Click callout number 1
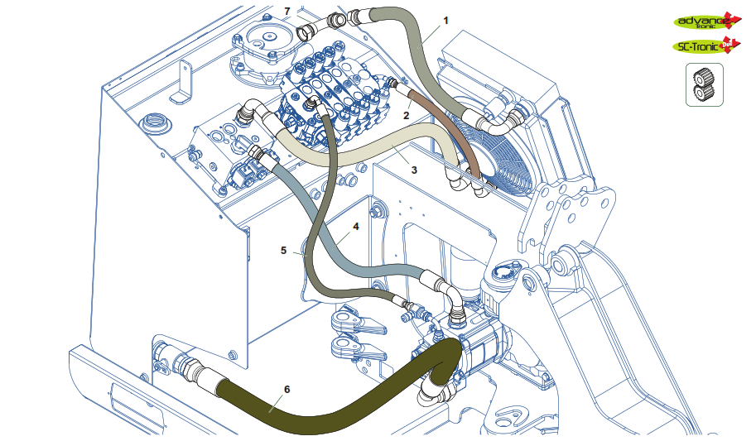coord(446,19)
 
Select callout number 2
coord(407,117)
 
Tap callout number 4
coord(356,225)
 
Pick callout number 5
coord(283,249)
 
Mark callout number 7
coord(287,11)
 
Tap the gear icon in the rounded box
coord(704,85)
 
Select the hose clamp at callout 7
coord(305,31)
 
